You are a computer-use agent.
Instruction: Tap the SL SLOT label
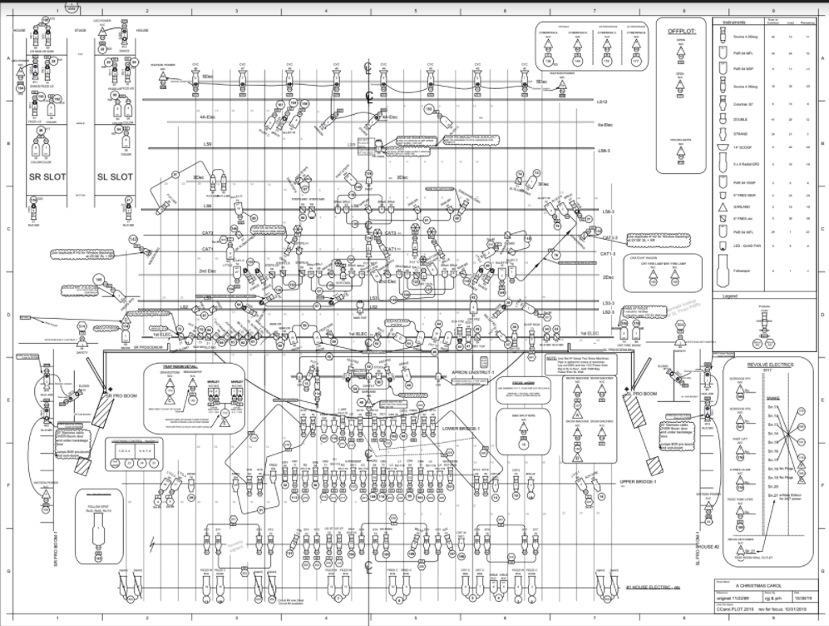116,176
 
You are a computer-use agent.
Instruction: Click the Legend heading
732,296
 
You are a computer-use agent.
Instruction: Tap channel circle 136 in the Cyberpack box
547,62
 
